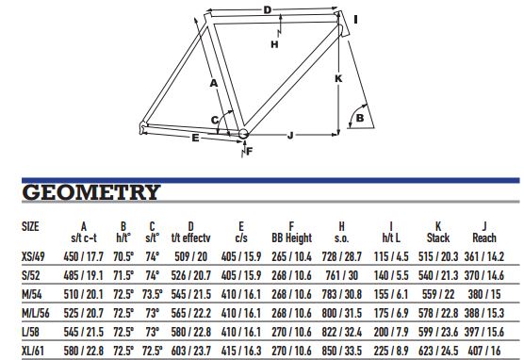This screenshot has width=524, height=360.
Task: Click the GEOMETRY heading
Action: [90, 192]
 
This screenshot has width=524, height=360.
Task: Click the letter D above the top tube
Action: [268, 10]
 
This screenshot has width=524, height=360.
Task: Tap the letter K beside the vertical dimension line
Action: [338, 78]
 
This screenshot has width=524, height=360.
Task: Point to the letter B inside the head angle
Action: [360, 118]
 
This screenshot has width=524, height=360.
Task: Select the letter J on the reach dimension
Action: [290, 136]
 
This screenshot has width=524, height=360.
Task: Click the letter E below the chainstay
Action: [195, 138]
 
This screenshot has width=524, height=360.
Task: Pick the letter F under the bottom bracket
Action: [250, 152]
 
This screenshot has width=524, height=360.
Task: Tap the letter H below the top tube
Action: [274, 44]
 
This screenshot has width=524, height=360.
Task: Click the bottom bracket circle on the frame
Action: [243, 133]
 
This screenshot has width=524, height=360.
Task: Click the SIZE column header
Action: [30, 226]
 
